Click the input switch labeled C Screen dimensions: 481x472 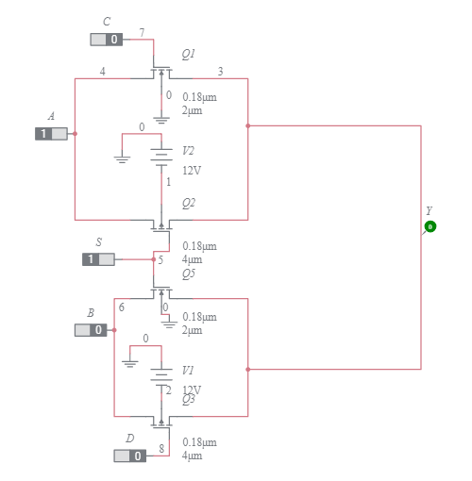click(106, 40)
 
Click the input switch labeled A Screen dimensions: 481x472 click(51, 134)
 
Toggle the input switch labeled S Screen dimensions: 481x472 click(98, 259)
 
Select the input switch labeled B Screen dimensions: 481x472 click(91, 330)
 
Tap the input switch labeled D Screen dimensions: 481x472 click(130, 456)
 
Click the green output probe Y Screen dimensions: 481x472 click(430, 226)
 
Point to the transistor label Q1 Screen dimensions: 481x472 click(189, 55)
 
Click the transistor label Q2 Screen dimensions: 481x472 click(189, 203)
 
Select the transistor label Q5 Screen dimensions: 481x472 click(189, 274)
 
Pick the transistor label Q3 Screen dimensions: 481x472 click(189, 400)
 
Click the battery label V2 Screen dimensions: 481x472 click(189, 151)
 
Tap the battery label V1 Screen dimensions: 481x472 click(189, 371)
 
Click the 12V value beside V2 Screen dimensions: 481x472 click(192, 171)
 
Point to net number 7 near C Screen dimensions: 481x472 click(142, 33)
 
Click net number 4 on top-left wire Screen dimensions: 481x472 click(102, 72)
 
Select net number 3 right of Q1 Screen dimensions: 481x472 click(221, 72)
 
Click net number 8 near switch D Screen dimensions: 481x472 click(161, 448)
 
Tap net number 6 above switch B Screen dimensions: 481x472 click(121, 307)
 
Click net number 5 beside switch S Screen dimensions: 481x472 click(160, 259)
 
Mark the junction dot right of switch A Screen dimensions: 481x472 click(75, 134)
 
